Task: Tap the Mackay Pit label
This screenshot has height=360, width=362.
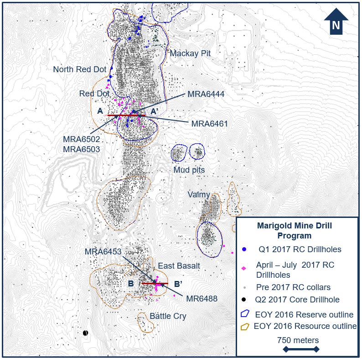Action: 190,53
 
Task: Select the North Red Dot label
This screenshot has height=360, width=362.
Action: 80,69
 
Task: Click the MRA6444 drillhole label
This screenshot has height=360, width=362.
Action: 206,94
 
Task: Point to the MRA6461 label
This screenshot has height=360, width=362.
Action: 209,123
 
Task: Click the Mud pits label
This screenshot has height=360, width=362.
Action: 189,170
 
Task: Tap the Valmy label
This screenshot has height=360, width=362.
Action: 198,195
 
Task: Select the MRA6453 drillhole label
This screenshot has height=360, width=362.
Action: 103,252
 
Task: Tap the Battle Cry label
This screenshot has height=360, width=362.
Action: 168,316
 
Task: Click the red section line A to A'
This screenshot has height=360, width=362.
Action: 126,116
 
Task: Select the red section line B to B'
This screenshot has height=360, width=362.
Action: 155,283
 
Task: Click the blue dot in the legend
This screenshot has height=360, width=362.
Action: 244,249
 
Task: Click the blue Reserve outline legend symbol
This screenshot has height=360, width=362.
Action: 245,314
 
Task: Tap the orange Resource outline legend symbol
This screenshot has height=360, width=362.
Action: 245,326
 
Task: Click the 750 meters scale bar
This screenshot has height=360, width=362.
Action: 301,349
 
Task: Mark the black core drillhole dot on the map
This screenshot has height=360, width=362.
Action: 85,333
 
